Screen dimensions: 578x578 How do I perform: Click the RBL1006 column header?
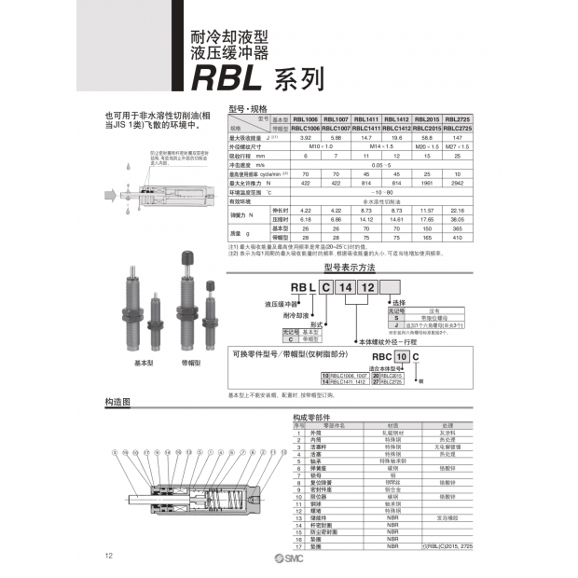point(307,119)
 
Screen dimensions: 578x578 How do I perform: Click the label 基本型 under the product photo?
point(143,361)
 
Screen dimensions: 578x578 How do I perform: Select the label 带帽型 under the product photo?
point(192,361)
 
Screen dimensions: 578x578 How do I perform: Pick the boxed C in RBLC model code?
point(317,290)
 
